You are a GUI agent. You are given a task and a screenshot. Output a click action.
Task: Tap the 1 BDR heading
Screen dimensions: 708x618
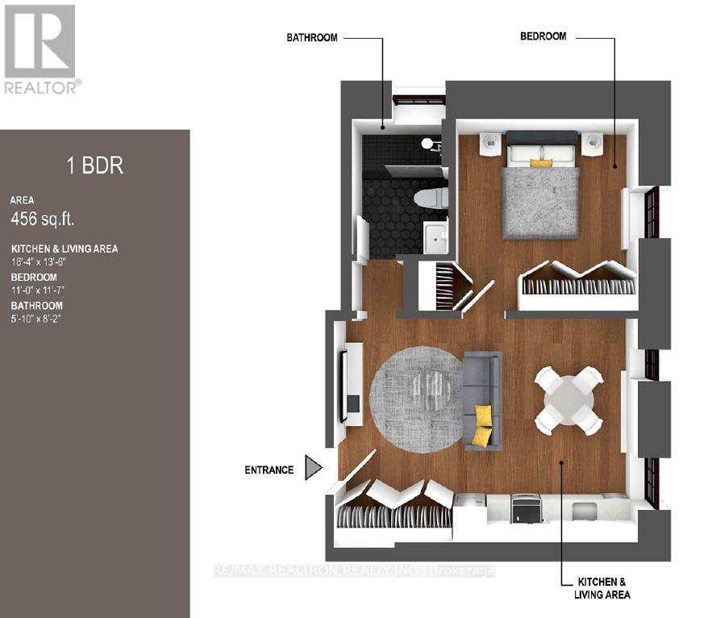coord(95,165)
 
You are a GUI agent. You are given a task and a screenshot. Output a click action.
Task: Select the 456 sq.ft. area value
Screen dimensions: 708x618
coord(42,219)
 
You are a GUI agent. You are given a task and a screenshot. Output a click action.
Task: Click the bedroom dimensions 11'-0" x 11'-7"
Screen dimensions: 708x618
coord(35,290)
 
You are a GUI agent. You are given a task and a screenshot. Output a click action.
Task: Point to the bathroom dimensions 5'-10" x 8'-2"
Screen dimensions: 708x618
coord(35,319)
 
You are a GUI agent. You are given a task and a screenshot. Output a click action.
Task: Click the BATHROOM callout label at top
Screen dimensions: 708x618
coord(312,37)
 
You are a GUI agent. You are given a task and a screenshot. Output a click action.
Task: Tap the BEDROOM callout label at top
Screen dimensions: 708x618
coord(543,36)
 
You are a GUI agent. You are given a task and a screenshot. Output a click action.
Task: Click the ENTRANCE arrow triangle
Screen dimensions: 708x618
coord(312,467)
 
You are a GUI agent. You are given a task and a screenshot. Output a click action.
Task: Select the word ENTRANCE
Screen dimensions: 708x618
coord(269,470)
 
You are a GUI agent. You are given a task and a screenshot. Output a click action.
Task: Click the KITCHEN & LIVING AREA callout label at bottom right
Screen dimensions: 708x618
coord(602,588)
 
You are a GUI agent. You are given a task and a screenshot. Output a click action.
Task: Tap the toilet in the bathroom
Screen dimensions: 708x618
coord(431,198)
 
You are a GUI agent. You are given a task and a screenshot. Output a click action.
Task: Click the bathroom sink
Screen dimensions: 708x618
coord(435,236)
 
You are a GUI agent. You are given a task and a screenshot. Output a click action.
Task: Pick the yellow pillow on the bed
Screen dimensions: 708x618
coord(540,163)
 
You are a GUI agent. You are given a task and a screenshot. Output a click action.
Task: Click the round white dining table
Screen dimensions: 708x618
coord(569,400)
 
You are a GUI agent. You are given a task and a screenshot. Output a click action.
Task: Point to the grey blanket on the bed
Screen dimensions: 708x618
coord(540,203)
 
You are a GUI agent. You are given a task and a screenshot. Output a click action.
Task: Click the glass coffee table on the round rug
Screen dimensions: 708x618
coord(432,387)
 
